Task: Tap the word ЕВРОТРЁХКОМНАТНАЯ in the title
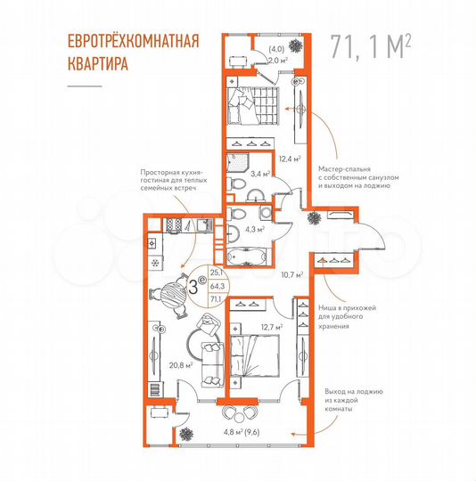133,41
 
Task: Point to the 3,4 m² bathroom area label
260,175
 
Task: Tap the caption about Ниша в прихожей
350,314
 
